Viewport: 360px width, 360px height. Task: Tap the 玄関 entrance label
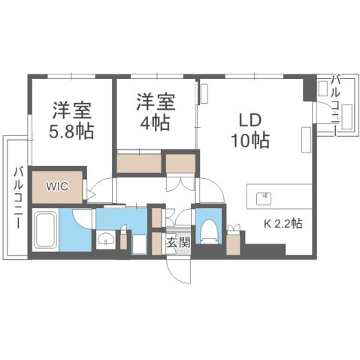[177, 243]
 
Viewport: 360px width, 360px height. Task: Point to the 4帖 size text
[155, 123]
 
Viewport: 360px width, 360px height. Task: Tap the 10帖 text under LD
[250, 140]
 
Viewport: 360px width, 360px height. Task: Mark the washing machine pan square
[140, 244]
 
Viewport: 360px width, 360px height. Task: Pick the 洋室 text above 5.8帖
[72, 110]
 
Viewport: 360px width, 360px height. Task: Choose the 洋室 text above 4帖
[155, 101]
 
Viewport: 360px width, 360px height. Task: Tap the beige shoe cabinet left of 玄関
[156, 244]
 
